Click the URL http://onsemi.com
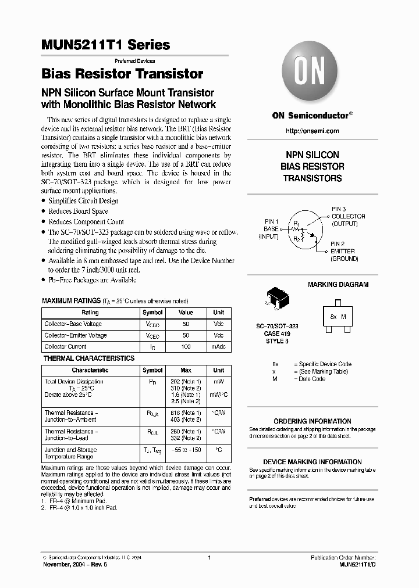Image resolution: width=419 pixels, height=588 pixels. [x=312, y=131]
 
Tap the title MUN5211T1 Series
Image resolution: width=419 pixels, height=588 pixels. [x=106, y=45]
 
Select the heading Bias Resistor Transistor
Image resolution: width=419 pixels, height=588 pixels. [x=122, y=74]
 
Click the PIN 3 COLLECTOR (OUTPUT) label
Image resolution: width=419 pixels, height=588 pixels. [x=348, y=216]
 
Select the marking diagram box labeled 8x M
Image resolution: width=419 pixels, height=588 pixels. [x=338, y=317]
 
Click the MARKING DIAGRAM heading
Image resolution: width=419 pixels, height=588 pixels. [x=338, y=285]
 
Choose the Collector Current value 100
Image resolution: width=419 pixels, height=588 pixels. [x=186, y=346]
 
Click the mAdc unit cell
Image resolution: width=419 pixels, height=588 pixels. [x=218, y=346]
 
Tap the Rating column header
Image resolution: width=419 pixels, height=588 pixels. [x=90, y=313]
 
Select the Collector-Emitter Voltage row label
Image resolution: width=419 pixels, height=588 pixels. [x=76, y=335]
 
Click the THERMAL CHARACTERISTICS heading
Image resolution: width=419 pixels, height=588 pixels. [x=89, y=358]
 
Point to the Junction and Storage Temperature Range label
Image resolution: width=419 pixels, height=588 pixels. [x=70, y=453]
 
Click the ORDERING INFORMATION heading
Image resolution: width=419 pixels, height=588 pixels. [x=312, y=421]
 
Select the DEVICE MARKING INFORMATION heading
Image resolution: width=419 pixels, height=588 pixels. [x=312, y=462]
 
